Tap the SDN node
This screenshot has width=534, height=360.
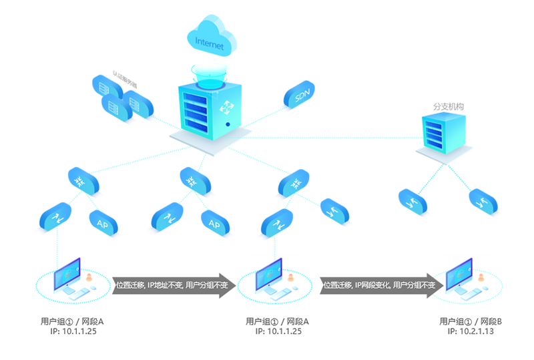pos(301,96)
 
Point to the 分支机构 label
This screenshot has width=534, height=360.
pos(449,107)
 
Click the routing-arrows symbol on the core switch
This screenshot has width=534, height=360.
pos(229,106)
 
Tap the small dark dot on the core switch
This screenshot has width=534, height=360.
pos(228,124)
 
